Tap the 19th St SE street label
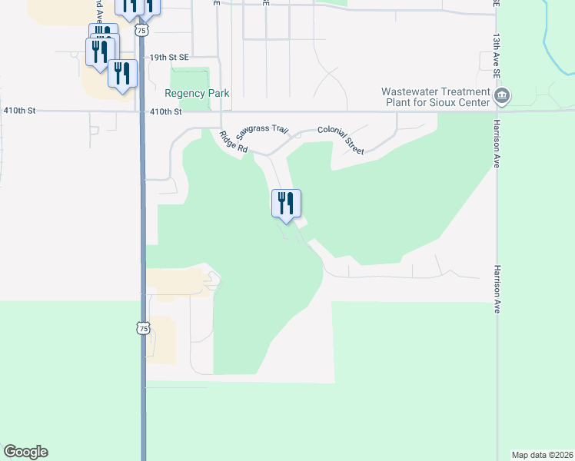169,58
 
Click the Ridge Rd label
233,143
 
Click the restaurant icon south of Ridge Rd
286,204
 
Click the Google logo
25,452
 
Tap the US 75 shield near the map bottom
142,328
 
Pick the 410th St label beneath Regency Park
166,111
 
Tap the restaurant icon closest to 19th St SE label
122,74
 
